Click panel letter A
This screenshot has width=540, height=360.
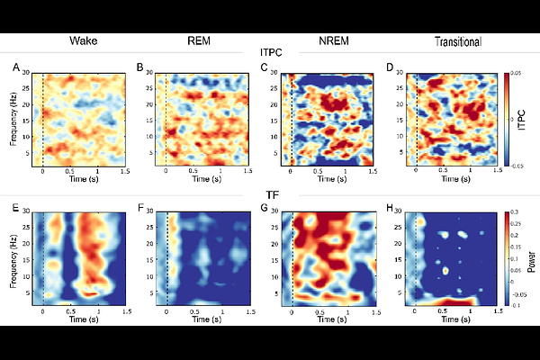click(x=15, y=68)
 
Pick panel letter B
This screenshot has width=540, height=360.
click(x=139, y=68)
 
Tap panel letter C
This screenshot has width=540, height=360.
click(x=264, y=68)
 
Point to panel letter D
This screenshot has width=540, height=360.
click(x=388, y=68)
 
